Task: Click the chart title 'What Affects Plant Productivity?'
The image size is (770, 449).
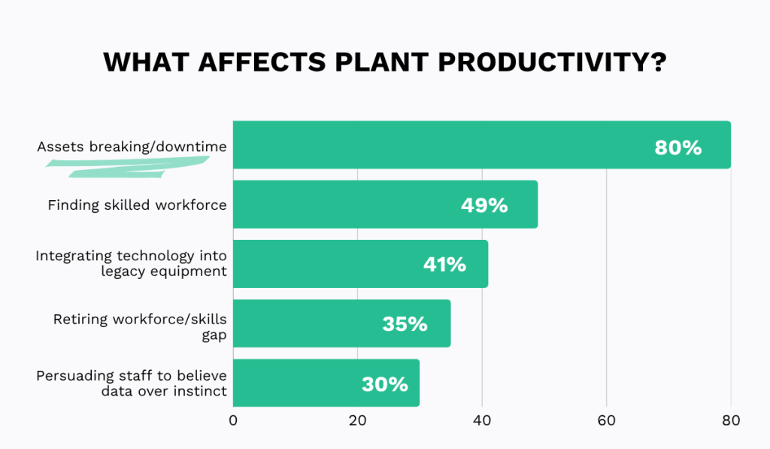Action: pos(385,62)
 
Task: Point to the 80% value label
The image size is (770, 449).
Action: pos(678,147)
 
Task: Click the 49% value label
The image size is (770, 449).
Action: pos(484,205)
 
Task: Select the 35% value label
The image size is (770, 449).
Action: pos(405,324)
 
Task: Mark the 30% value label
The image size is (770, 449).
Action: pos(384,384)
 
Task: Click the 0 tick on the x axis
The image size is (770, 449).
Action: pos(233,420)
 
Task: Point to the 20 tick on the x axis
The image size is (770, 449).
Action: pos(357,420)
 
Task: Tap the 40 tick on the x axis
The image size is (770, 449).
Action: pos(482,420)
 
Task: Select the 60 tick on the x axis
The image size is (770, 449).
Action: pos(606,420)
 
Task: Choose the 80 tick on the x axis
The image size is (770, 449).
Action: pos(731,420)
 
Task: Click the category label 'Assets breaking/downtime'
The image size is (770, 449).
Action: pos(132,147)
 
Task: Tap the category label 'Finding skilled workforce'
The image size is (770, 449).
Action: pos(137,205)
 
